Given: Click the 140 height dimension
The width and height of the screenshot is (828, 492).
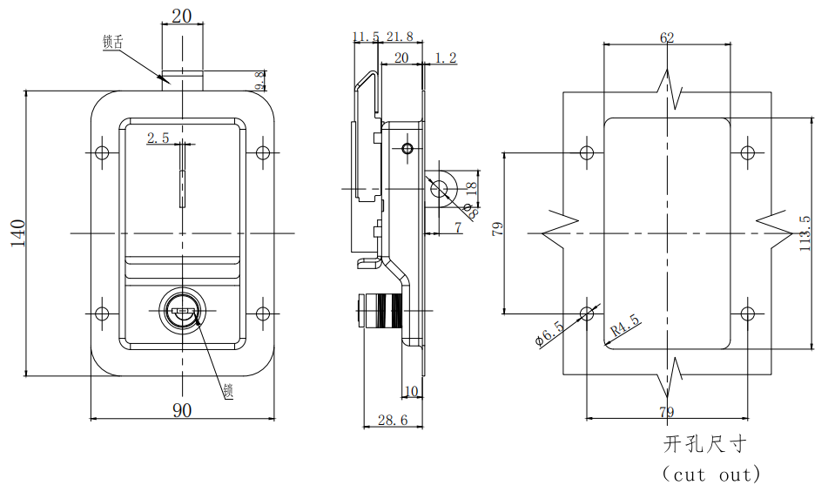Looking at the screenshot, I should click(x=17, y=233).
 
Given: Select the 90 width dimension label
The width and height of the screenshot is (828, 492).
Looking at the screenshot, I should click(x=182, y=410).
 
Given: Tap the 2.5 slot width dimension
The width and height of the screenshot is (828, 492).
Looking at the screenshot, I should click(x=158, y=138).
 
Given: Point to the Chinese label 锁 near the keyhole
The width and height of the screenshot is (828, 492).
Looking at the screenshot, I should click(x=228, y=392).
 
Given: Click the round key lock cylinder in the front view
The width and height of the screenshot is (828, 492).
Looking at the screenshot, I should click(x=183, y=310).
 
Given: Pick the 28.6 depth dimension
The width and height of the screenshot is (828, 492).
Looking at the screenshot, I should click(x=392, y=420).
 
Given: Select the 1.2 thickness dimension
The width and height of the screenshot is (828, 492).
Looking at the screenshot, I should click(x=445, y=58).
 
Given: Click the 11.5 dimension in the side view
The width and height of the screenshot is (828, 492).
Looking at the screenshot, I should click(x=366, y=37).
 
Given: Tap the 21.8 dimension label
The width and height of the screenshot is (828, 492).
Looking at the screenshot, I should click(x=400, y=37).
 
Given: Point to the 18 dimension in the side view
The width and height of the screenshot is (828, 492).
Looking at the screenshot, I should click(x=471, y=187).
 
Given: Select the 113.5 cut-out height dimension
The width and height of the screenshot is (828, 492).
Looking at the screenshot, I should click(x=804, y=233).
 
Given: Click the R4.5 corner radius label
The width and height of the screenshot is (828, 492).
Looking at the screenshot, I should click(x=625, y=326).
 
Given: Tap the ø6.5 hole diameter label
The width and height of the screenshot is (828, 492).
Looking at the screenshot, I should click(x=551, y=334).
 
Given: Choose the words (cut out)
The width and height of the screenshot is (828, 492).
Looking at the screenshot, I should click(x=711, y=475).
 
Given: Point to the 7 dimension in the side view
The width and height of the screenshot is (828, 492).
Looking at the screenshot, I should click(x=458, y=228).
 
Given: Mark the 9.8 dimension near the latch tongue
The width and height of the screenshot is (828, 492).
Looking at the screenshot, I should click(x=259, y=82).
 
